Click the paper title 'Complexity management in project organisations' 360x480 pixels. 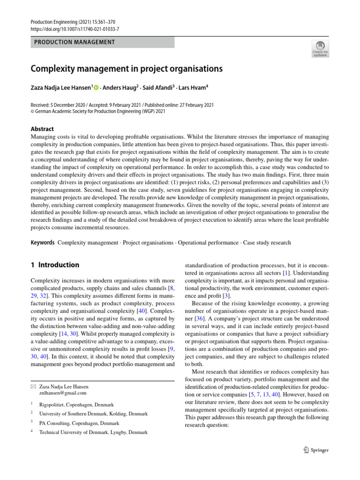tap(126, 69)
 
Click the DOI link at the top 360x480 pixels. tap(75, 29)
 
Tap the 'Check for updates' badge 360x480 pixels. tap(320, 48)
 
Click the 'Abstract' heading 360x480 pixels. tap(42, 129)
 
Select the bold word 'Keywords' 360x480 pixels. tap(43, 243)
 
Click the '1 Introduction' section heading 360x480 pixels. tap(55, 265)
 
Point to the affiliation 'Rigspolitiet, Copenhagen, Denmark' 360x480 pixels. tap(76, 405)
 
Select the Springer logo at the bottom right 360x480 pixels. tap(316, 450)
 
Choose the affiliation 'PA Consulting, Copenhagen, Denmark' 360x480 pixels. tap(79, 423)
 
